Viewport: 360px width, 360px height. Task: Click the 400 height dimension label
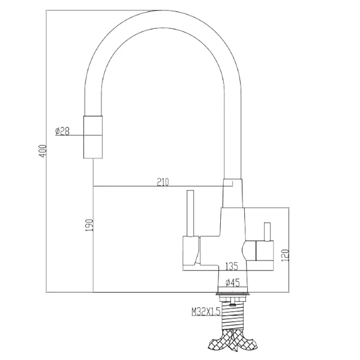43,151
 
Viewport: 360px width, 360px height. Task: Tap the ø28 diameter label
62,131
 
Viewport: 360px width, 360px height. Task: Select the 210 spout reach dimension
163,182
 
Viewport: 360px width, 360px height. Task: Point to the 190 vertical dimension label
89,225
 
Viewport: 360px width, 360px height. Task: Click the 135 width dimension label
232,266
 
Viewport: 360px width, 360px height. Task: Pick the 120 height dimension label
284,256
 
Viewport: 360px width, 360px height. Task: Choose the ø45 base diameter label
232,283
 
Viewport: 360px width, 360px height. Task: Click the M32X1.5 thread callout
206,311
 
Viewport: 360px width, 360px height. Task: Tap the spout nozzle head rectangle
93,137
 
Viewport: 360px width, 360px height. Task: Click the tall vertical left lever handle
190,213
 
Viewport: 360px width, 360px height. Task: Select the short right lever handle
267,232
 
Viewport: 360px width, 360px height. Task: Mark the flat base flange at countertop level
233,294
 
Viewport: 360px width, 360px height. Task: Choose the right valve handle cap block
265,251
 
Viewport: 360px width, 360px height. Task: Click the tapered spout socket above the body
233,193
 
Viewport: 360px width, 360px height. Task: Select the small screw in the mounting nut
233,304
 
